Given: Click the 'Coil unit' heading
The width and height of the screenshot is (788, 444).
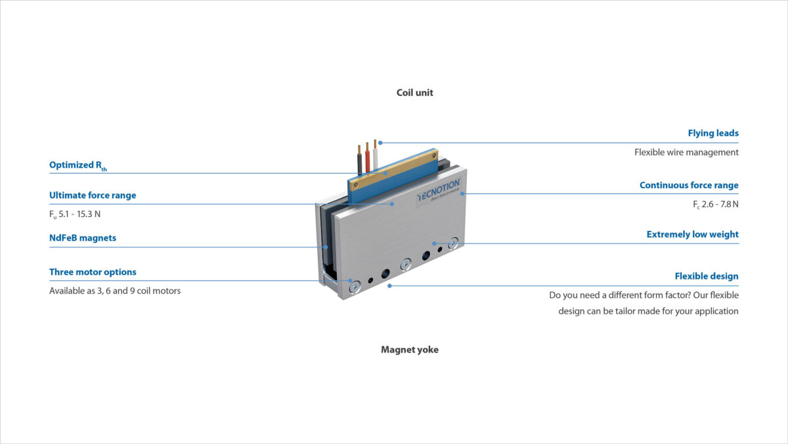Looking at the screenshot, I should [414, 93].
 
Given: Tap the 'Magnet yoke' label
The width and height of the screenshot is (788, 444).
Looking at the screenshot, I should [409, 350].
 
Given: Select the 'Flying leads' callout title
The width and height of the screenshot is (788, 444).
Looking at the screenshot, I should [713, 134].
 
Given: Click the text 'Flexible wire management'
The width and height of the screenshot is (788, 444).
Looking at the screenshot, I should [686, 153].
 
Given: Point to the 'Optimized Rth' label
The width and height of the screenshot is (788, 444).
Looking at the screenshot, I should [77, 166].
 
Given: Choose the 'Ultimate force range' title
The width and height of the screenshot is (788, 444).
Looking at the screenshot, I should [93, 195].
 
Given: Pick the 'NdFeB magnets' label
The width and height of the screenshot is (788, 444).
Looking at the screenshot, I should [83, 238].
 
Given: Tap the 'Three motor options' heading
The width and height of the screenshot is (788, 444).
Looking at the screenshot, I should [93, 272].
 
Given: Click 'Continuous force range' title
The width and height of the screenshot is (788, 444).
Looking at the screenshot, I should [689, 185].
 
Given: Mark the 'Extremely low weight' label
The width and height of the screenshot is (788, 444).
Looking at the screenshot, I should [692, 235].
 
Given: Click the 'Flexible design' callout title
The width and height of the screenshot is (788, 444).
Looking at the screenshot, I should [707, 276].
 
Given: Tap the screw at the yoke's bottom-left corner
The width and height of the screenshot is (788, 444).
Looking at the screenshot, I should [355, 285].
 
